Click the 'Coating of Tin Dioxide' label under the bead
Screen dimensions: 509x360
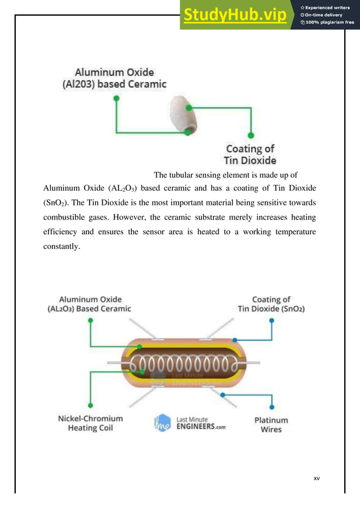(x=251, y=154)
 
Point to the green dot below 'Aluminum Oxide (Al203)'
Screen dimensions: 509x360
(x=116, y=98)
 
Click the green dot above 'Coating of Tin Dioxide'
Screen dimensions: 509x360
(x=251, y=135)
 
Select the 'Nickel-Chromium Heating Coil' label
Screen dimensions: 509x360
(x=90, y=423)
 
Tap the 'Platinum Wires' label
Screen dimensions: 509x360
(x=271, y=424)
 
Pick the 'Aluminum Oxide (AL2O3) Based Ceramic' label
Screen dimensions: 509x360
(x=89, y=304)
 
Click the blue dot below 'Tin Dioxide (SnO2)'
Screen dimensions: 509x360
(x=272, y=321)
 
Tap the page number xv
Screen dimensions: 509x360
(x=317, y=478)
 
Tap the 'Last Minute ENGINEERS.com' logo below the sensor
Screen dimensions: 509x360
(x=188, y=423)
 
